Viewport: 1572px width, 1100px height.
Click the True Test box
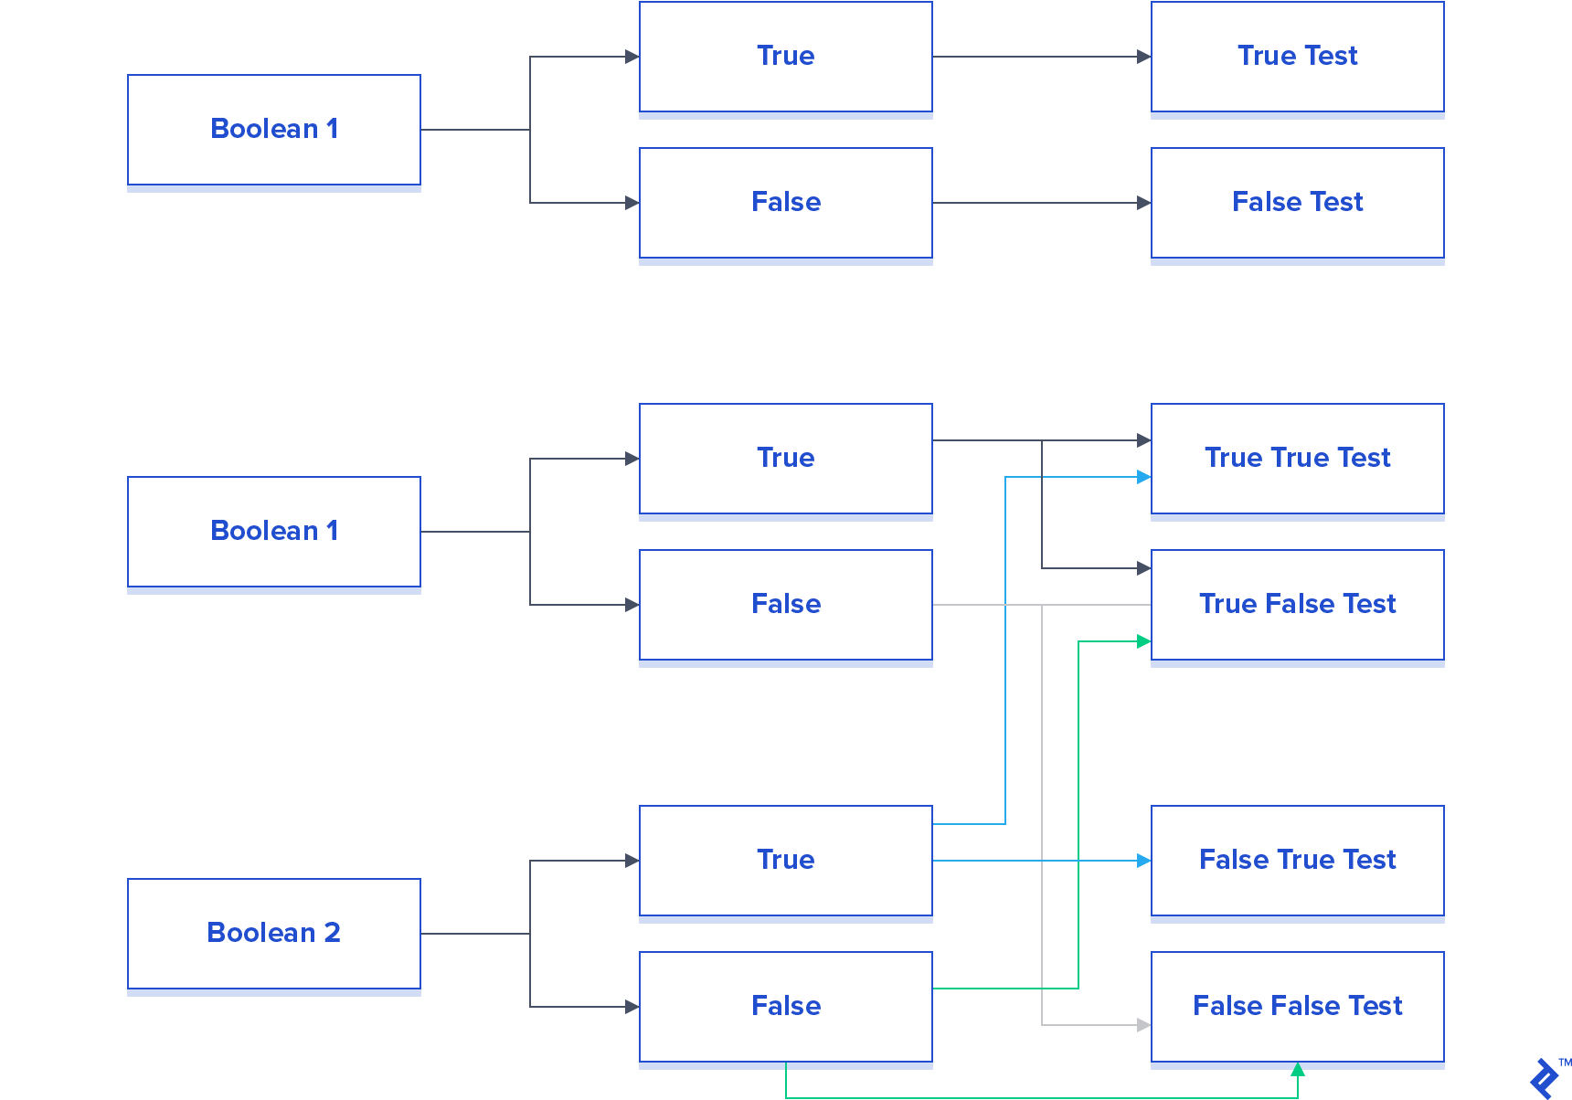coord(1297,57)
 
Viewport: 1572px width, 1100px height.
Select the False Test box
coord(1297,203)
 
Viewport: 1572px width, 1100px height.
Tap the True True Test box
coord(1297,459)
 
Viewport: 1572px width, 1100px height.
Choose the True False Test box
coord(1297,605)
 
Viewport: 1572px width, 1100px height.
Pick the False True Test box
coord(1297,861)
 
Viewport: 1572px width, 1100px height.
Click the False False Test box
coord(1297,1007)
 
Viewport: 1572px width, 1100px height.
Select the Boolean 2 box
coord(273,934)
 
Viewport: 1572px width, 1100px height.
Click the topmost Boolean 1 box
coord(273,130)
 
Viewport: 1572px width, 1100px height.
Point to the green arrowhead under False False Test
coord(1297,1069)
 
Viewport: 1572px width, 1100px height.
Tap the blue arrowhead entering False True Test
coord(1143,861)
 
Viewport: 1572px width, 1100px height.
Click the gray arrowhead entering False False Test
coord(1143,1025)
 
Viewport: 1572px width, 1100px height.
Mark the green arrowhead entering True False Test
coord(1143,641)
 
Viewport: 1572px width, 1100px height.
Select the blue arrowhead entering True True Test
coord(1143,477)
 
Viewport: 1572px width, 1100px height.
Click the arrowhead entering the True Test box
coord(1143,57)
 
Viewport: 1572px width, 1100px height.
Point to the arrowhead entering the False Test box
coord(1143,203)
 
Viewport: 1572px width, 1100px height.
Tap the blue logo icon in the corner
coord(1545,1078)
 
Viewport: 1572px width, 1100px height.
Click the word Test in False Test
coord(1336,202)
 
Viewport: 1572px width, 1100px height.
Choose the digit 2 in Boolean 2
coord(332,933)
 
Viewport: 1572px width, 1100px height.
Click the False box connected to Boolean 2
coord(785,1007)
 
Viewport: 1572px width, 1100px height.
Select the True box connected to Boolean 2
coord(785,861)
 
